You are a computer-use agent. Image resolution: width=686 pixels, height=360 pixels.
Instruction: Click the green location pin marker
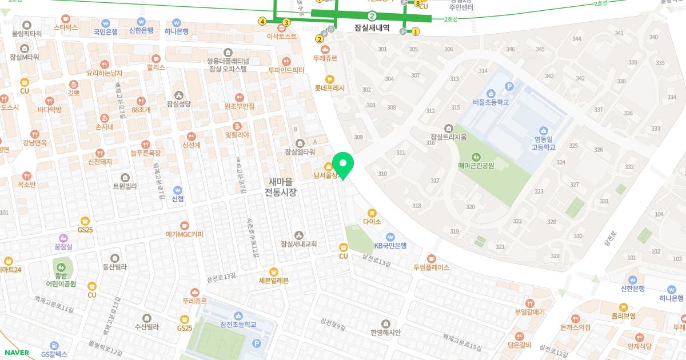(343, 165)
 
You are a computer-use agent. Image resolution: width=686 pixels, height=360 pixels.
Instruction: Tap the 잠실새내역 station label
(372, 27)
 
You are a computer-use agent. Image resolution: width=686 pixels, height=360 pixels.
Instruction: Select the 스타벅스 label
(65, 27)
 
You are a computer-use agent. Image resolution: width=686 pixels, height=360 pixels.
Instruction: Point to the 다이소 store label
(372, 221)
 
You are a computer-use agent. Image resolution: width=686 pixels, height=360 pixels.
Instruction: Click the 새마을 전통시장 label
(280, 187)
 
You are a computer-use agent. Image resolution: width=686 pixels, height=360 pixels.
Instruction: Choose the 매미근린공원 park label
(476, 166)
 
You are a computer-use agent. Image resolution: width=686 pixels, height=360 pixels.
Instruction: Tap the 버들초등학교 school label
(490, 102)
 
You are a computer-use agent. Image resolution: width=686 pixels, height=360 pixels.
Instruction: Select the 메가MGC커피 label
(185, 234)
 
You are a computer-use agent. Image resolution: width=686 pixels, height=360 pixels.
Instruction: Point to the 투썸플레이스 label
(432, 267)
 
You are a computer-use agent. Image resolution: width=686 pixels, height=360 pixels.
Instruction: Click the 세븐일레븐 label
(274, 280)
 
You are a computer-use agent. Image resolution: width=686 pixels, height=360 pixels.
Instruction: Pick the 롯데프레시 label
(330, 88)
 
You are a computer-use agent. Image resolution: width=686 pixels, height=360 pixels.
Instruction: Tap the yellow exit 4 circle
(262, 22)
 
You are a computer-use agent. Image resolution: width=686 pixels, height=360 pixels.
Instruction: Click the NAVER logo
(16, 353)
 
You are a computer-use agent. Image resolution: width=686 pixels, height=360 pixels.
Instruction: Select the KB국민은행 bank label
(390, 246)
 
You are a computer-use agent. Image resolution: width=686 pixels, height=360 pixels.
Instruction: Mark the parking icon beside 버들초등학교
(509, 86)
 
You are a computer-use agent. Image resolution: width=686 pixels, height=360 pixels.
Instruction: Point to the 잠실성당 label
(179, 103)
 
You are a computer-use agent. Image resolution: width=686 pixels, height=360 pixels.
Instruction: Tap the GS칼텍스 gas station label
(54, 354)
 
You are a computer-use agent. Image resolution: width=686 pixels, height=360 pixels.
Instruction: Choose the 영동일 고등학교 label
(544, 142)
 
